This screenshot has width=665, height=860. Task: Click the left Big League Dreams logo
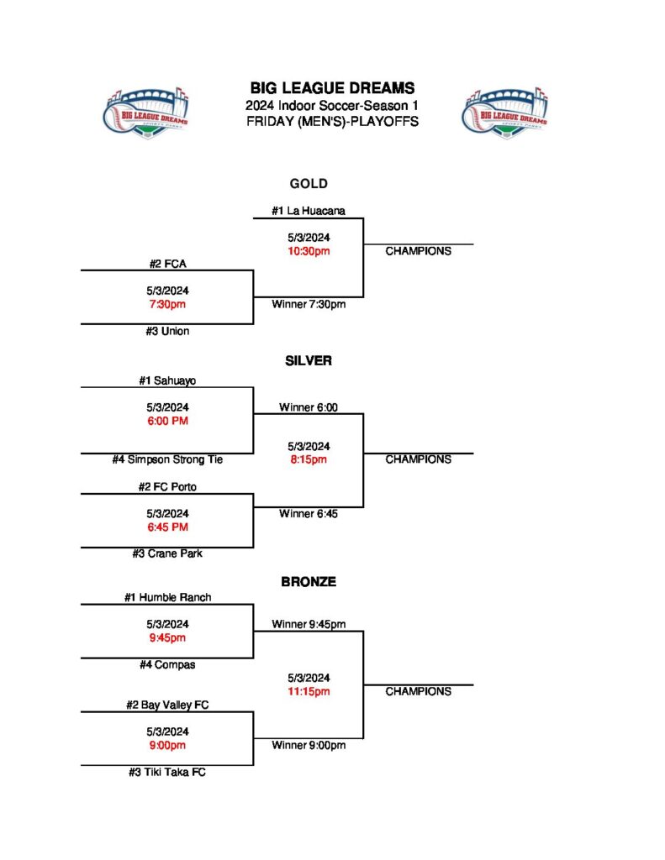(147, 112)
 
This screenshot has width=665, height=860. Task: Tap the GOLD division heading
(309, 184)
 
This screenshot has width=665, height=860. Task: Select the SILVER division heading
(309, 360)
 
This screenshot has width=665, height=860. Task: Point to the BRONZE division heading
(309, 581)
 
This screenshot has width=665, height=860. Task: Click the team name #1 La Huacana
(309, 211)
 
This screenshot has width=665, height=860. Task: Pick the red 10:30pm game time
(309, 251)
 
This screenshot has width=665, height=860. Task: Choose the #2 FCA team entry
(167, 264)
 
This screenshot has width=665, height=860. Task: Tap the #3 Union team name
(167, 331)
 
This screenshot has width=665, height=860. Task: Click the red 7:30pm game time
(167, 304)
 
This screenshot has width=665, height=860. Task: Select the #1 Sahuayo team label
(167, 380)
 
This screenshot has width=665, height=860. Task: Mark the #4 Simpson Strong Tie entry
(167, 459)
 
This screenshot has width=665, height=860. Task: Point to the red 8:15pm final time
(309, 459)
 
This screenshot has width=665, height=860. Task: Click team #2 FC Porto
(167, 486)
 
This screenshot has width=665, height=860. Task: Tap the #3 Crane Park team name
(167, 553)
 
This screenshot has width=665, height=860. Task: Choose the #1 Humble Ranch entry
(167, 597)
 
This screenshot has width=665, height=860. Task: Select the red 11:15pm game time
(309, 691)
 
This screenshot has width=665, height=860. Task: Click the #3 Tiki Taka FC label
(167, 772)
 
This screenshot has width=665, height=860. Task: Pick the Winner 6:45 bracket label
(309, 514)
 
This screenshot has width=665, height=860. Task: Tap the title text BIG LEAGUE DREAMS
(332, 88)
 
